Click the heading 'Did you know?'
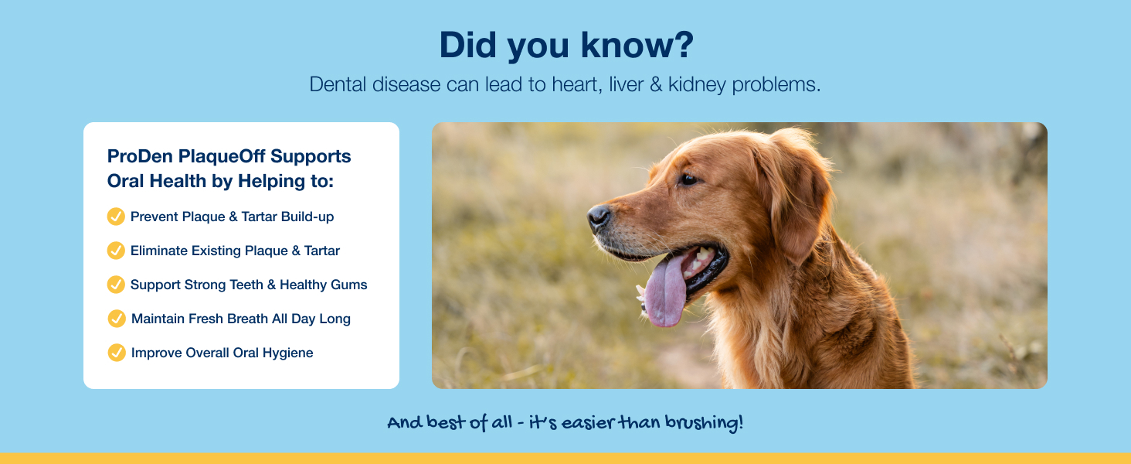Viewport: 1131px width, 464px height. point(566,46)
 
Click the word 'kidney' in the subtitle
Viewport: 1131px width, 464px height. point(698,84)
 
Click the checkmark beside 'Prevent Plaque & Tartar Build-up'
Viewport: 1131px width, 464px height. point(116,217)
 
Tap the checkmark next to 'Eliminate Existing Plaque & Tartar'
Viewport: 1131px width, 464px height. point(116,251)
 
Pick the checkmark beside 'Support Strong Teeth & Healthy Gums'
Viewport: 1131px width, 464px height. point(116,285)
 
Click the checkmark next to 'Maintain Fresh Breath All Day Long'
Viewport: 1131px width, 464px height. point(117,319)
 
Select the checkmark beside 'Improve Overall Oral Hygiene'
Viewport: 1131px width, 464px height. point(117,353)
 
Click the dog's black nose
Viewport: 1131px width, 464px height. point(599,217)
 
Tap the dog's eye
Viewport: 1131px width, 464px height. point(688,179)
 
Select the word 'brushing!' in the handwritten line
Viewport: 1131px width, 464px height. point(704,422)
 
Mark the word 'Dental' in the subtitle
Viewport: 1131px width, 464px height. point(338,84)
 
